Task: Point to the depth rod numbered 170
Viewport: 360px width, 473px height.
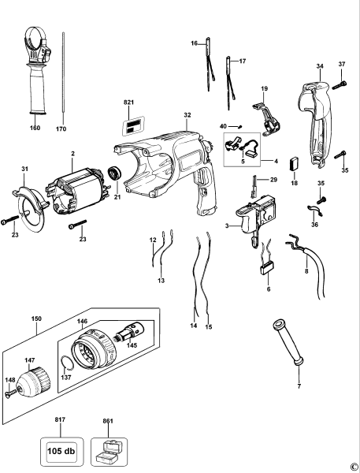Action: pos(61,75)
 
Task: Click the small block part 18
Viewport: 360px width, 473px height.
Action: pos(295,165)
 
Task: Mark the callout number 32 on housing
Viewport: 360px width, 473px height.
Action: pos(187,115)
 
